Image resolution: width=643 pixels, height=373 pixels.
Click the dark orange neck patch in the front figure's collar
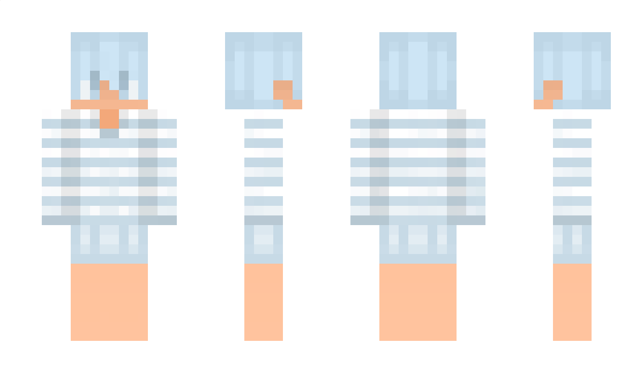(x=109, y=118)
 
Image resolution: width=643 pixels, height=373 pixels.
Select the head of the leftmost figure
(x=109, y=59)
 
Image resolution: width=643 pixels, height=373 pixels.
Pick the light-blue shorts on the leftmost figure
(x=109, y=244)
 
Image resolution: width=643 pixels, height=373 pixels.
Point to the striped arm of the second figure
(x=264, y=167)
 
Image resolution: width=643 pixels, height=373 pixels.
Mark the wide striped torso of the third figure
(x=418, y=167)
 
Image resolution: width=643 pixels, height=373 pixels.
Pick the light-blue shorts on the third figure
(x=418, y=244)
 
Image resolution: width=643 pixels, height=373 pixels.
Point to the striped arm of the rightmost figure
(x=572, y=167)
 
